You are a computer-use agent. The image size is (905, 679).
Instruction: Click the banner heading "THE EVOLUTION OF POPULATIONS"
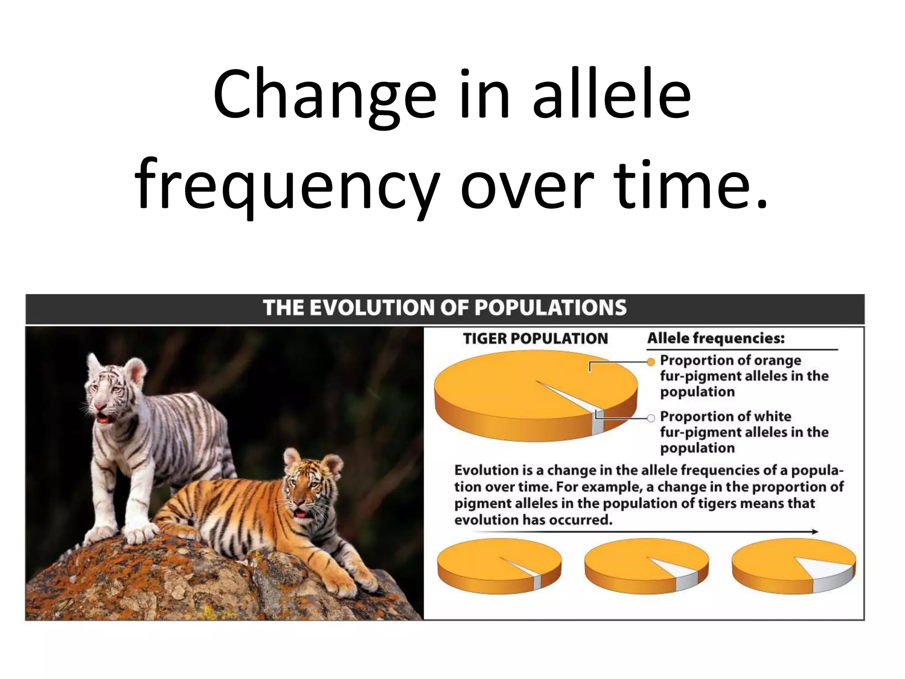coord(445,308)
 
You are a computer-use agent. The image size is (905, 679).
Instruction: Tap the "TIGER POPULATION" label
coord(535,339)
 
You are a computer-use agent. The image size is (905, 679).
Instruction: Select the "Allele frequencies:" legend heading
coord(716,338)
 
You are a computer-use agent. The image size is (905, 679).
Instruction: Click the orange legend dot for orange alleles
coord(651,362)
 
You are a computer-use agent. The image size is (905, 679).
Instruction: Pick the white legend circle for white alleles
coord(651,418)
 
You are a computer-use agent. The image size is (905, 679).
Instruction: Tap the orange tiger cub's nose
coord(299,502)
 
